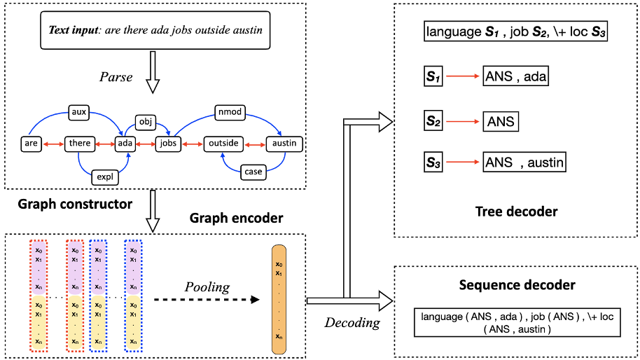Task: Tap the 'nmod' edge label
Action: click(229, 110)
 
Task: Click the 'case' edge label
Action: click(252, 171)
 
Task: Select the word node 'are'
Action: click(31, 144)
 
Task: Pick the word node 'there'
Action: click(80, 144)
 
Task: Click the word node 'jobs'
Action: click(168, 144)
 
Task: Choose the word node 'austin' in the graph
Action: click(284, 144)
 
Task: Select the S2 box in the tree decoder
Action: click(434, 121)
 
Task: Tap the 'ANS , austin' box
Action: click(524, 162)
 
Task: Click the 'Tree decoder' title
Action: click(517, 212)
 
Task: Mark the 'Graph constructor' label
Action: click(75, 205)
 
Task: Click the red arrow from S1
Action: click(463, 77)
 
